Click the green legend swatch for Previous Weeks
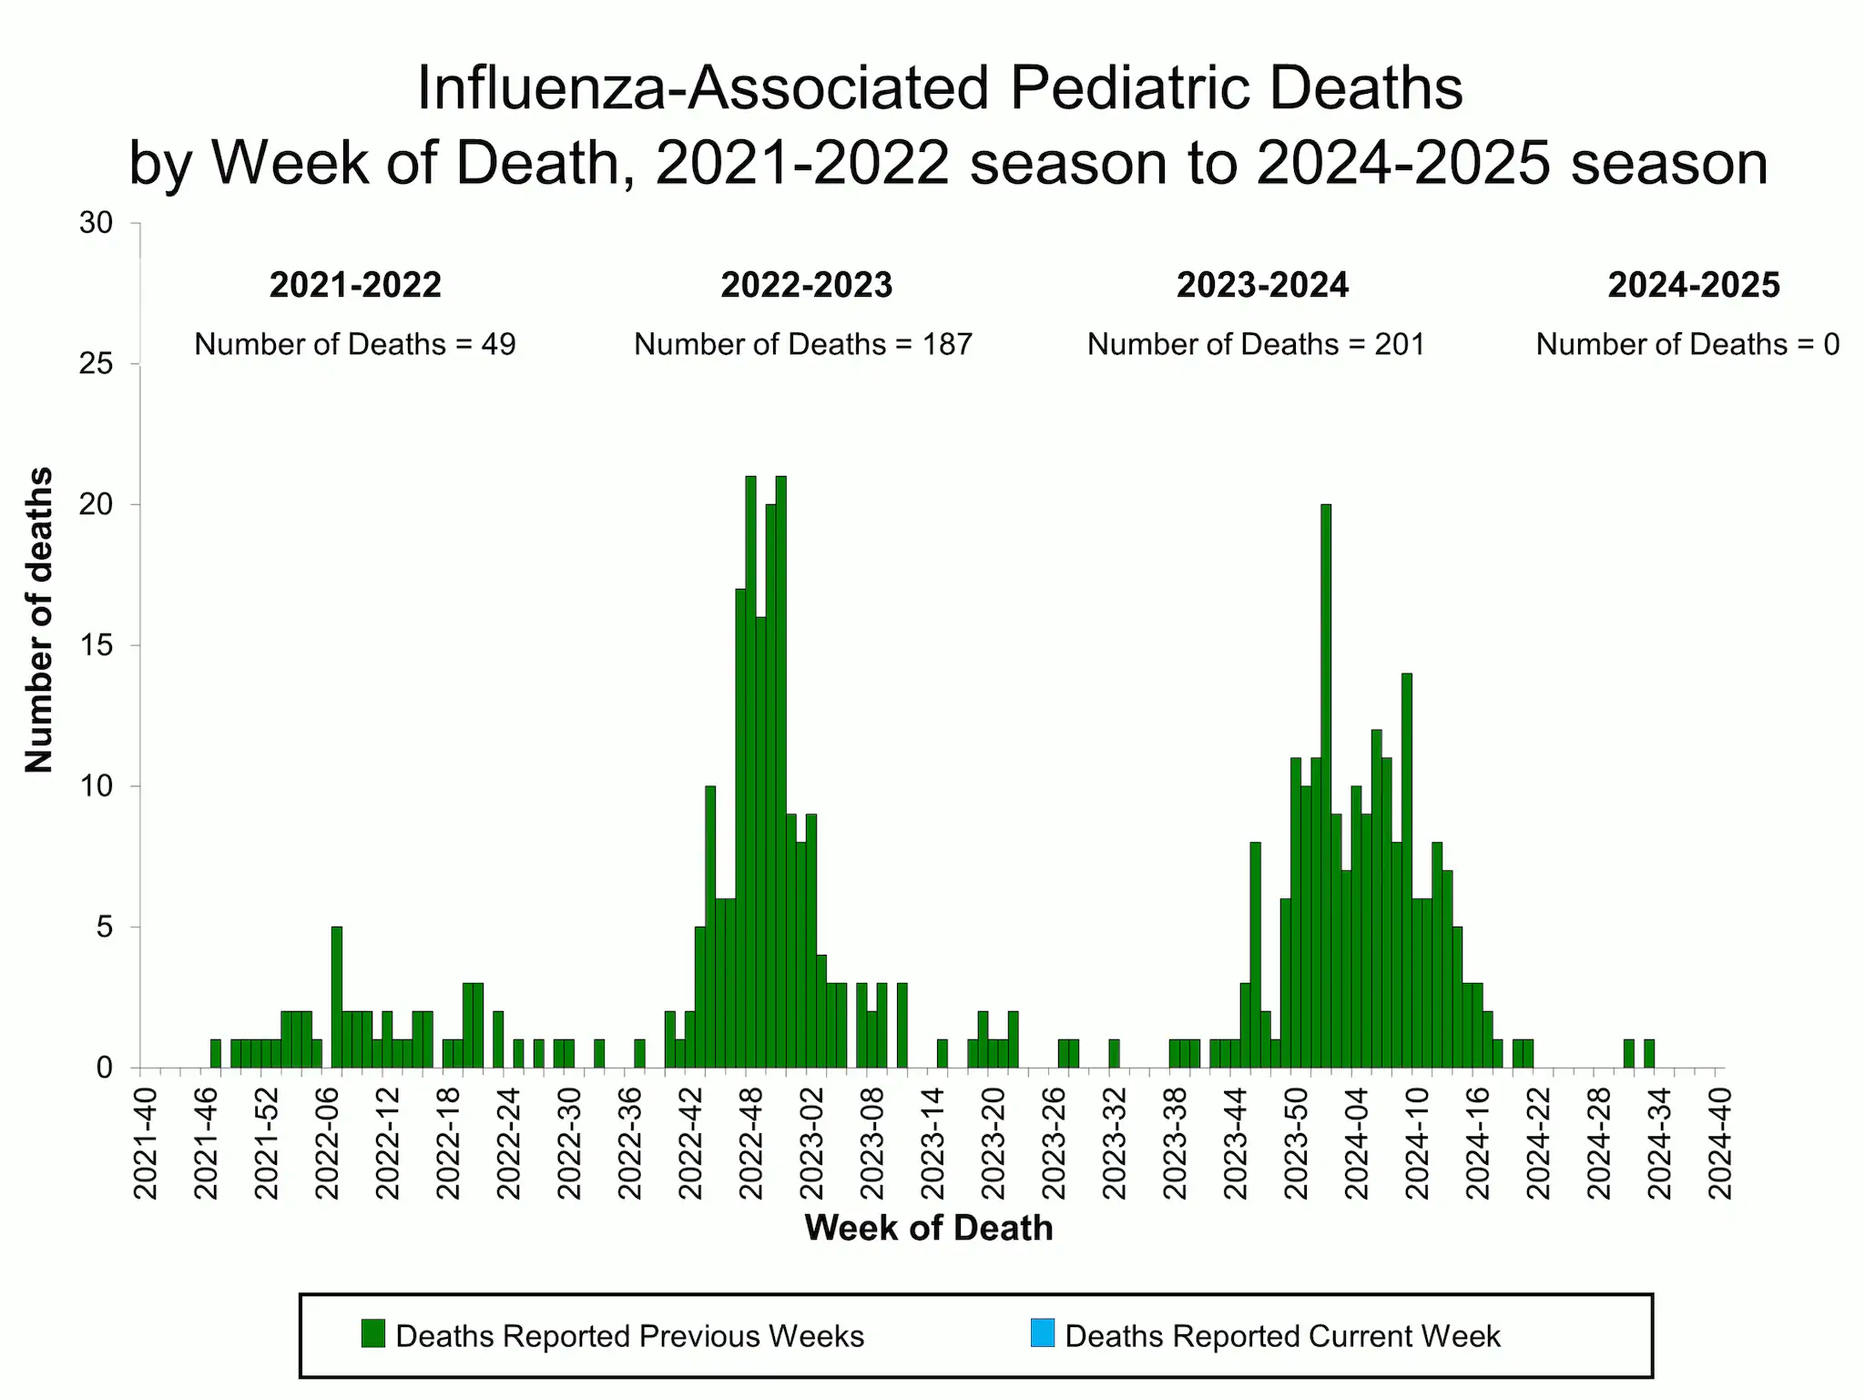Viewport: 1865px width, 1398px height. pyautogui.click(x=372, y=1333)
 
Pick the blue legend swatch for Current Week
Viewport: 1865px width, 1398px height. pyautogui.click(x=1043, y=1333)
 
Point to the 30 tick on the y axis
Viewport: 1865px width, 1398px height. pyautogui.click(x=97, y=223)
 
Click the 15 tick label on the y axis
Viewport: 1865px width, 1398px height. pyautogui.click(x=97, y=645)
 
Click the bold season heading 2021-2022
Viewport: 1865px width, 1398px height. pyautogui.click(x=355, y=286)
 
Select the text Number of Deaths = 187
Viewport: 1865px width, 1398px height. pyautogui.click(x=803, y=344)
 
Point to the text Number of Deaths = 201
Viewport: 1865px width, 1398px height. pyautogui.click(x=1256, y=344)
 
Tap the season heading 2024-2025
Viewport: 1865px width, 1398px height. pyautogui.click(x=1693, y=286)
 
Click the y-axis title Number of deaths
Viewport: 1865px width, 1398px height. pyautogui.click(x=39, y=620)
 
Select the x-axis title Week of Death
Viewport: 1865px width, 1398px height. pyautogui.click(x=928, y=1228)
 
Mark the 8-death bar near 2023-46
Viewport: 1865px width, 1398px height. pyautogui.click(x=1255, y=956)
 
